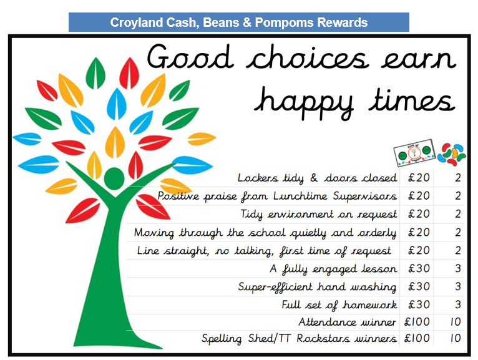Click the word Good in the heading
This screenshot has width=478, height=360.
coord(190,57)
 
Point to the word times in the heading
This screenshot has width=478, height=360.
coord(412,100)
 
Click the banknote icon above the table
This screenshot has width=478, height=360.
coord(414,153)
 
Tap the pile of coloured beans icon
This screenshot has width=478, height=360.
coord(452,154)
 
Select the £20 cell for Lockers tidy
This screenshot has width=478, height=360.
coord(419,177)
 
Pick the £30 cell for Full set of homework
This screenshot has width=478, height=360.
coord(419,304)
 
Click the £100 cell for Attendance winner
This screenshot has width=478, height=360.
coord(417,321)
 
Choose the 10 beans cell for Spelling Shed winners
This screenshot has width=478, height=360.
coord(456,338)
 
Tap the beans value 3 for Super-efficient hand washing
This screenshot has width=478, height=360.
coord(458,286)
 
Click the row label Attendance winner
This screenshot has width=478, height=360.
coord(347,322)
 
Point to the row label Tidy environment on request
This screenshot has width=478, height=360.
coord(319,214)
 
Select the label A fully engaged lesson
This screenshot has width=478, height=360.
coord(333,269)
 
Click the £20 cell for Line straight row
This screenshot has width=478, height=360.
coord(419,250)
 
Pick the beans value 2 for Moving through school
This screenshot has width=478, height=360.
coord(458,232)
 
